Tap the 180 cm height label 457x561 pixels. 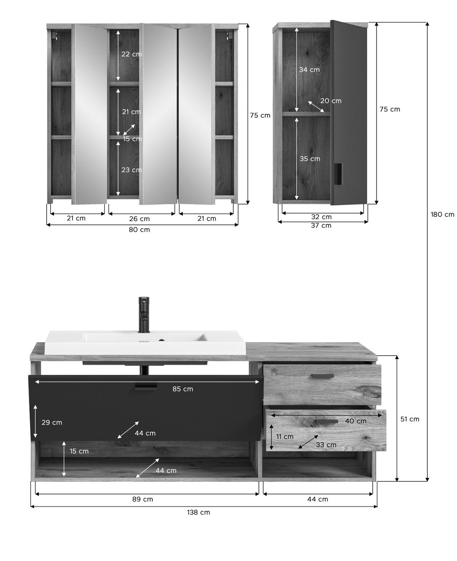point(442,215)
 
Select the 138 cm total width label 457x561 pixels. point(198,512)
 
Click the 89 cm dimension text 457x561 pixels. point(143,499)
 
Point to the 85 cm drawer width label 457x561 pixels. point(183,389)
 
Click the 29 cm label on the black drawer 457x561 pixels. point(52,422)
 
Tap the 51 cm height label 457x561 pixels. point(410,419)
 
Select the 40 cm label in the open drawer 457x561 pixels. point(356,421)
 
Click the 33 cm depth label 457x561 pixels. point(326,445)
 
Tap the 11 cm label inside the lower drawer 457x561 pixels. point(285,436)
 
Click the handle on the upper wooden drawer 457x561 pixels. point(323,376)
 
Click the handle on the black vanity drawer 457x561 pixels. point(146,387)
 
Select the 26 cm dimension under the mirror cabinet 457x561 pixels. point(140,219)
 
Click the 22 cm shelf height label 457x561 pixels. point(131,54)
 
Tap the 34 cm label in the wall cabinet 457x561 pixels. point(309,70)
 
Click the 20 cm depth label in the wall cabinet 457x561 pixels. point(331,101)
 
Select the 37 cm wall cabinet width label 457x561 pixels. point(321,225)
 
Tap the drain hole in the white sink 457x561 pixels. point(161,340)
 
